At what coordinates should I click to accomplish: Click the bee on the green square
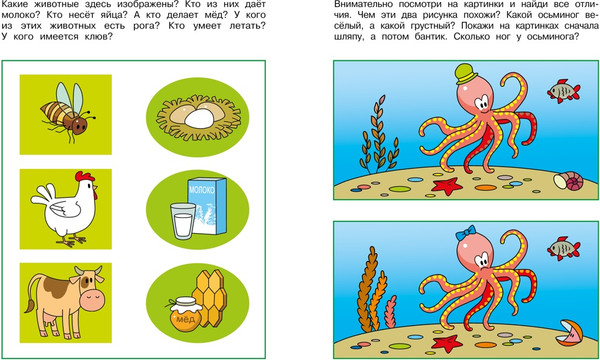[x=68, y=113]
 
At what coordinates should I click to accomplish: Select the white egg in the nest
[x=199, y=118]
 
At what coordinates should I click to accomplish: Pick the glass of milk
[x=183, y=221]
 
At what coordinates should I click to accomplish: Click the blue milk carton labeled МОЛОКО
[x=207, y=206]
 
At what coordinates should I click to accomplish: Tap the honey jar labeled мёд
[x=185, y=314]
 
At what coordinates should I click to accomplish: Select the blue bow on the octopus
[x=466, y=233]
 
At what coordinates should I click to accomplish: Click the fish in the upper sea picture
[x=564, y=91]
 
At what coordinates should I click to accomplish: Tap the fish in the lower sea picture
[x=564, y=249]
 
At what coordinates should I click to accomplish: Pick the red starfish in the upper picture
[x=447, y=186]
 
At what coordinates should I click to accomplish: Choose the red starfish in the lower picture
[x=447, y=343]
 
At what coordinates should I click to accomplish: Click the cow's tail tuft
[x=29, y=306]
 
